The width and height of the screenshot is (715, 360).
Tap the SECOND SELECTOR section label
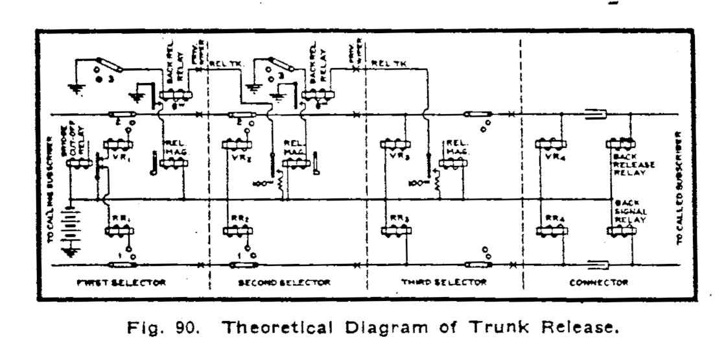286,283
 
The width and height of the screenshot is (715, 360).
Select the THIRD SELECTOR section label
445,283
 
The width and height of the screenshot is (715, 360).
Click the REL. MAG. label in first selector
174,148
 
